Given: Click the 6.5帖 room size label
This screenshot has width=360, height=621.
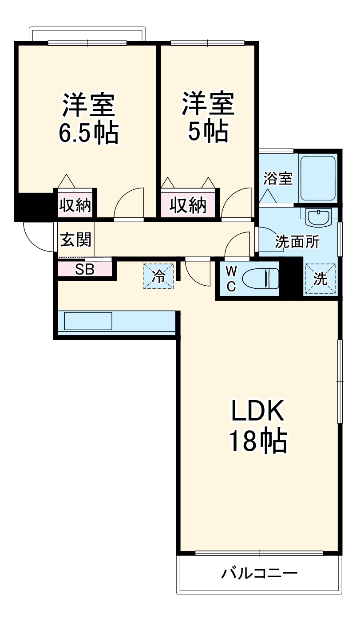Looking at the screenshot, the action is (x=88, y=133).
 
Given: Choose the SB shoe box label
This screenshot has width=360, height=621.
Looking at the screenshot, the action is (x=85, y=269).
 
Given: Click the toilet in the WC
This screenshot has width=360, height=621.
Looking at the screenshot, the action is (x=260, y=279).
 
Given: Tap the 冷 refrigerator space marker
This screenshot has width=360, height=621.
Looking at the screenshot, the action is (x=158, y=276).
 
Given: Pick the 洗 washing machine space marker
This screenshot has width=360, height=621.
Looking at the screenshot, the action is (x=320, y=279).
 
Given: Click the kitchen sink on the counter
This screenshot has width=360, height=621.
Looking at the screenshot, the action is (x=88, y=321).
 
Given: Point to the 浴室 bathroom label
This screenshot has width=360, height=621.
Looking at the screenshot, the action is (x=278, y=178).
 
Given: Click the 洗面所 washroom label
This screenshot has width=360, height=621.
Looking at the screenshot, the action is (x=297, y=241).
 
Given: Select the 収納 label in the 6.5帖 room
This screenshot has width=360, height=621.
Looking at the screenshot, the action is (x=75, y=205).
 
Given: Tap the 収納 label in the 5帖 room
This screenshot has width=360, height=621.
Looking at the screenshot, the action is (x=188, y=205).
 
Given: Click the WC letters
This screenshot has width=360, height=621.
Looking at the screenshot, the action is (x=231, y=279).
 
